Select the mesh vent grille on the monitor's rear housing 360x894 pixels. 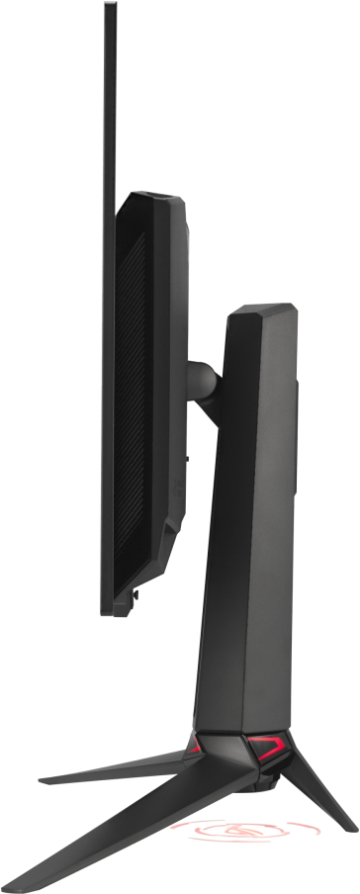(x=133, y=396)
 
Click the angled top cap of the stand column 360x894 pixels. (x=259, y=316)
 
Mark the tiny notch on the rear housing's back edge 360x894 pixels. (x=187, y=458)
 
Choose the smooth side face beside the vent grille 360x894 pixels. (x=168, y=396)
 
